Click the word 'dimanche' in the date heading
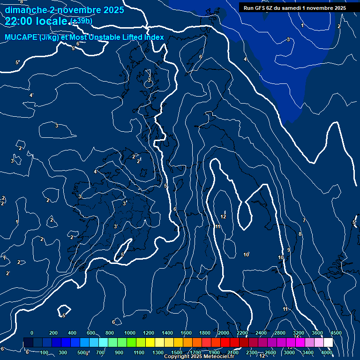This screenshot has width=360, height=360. coord(23,10)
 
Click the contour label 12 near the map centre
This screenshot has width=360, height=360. coord(223,217)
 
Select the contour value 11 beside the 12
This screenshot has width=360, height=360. coord(217,226)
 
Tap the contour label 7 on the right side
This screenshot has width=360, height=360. coord(304,220)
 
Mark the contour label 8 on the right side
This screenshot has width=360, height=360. coord(300,234)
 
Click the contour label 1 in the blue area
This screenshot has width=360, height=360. coord(302,25)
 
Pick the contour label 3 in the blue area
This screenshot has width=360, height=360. coord(288,39)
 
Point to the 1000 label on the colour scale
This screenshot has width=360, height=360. coord(130,333)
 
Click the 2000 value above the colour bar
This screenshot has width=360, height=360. coord(224,333)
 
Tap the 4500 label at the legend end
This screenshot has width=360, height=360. coord(336,333)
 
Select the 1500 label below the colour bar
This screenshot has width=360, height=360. coord(177,352)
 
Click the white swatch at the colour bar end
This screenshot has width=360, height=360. coord(328,343)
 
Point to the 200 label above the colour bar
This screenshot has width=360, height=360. coord(53,333)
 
